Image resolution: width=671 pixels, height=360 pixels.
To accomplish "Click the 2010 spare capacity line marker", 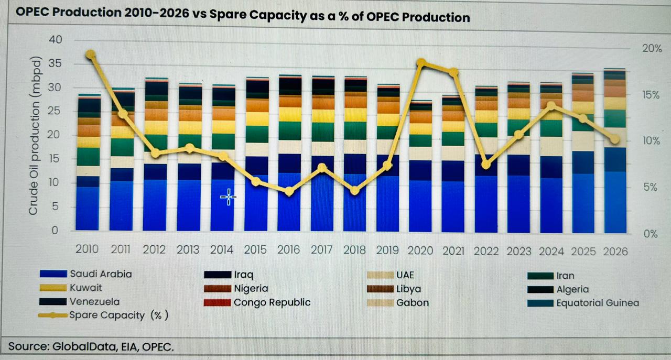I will (x=90, y=54).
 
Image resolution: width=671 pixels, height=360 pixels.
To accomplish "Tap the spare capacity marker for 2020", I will (x=421, y=63).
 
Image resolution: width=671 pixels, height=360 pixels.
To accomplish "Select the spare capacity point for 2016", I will (x=289, y=192).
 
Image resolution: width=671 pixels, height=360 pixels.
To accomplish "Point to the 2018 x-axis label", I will (x=355, y=249).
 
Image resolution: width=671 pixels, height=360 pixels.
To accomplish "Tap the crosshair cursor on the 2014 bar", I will (x=228, y=197).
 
